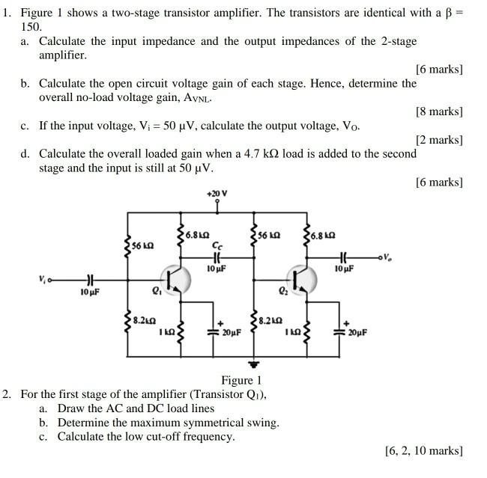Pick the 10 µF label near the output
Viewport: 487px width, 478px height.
tap(343, 268)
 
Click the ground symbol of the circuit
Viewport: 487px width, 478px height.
tap(255, 364)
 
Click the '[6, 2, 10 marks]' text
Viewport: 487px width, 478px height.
tap(423, 450)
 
